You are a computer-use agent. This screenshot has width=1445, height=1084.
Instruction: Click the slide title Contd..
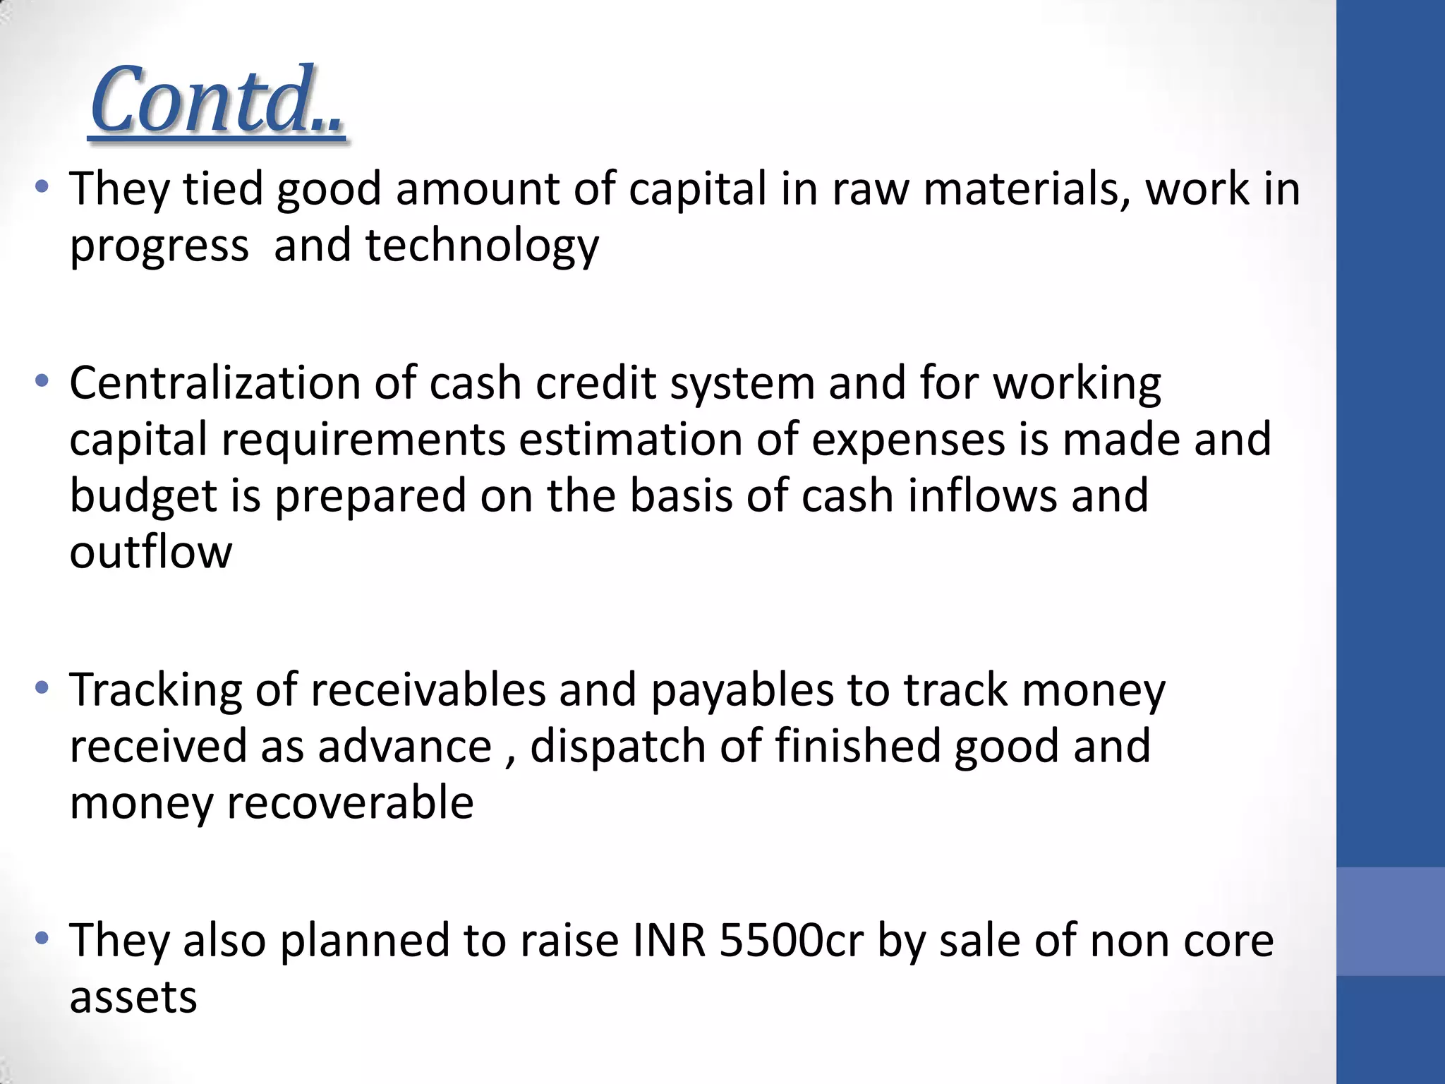[x=217, y=100]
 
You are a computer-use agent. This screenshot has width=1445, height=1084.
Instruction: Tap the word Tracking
[x=155, y=690]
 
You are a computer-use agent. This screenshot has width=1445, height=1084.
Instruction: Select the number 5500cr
[x=791, y=941]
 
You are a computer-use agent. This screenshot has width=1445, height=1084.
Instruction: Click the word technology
[x=482, y=246]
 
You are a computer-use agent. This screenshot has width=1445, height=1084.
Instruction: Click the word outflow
[x=150, y=552]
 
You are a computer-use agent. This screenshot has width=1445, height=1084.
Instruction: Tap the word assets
[x=133, y=997]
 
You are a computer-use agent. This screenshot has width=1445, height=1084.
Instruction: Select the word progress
[x=159, y=248]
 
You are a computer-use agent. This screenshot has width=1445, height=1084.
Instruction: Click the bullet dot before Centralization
[x=42, y=382]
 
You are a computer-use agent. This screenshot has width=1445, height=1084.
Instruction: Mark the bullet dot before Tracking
[x=42, y=687]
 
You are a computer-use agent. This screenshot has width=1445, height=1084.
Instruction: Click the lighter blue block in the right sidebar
[x=1390, y=921]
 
